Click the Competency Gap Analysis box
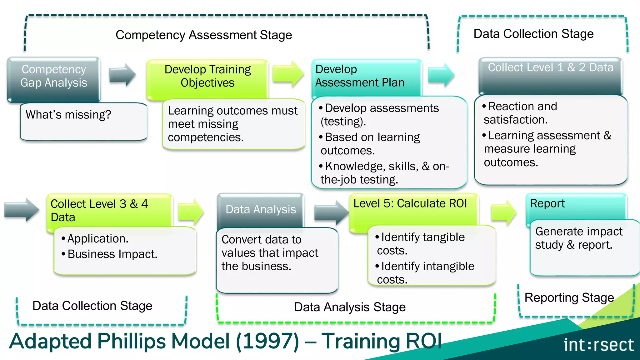(x=53, y=76)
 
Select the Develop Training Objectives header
(x=207, y=76)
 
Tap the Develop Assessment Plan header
(x=360, y=76)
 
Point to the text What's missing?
(x=68, y=115)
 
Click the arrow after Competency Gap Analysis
(x=122, y=75)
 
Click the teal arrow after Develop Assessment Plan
(x=441, y=75)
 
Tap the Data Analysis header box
(x=261, y=209)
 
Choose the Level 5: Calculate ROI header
(x=410, y=204)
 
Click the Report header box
(x=547, y=204)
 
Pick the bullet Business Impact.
(x=112, y=254)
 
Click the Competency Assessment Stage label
(x=204, y=35)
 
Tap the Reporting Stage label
(x=569, y=298)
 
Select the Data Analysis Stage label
(x=350, y=307)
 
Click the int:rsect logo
(x=598, y=345)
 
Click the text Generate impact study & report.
(x=579, y=238)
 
